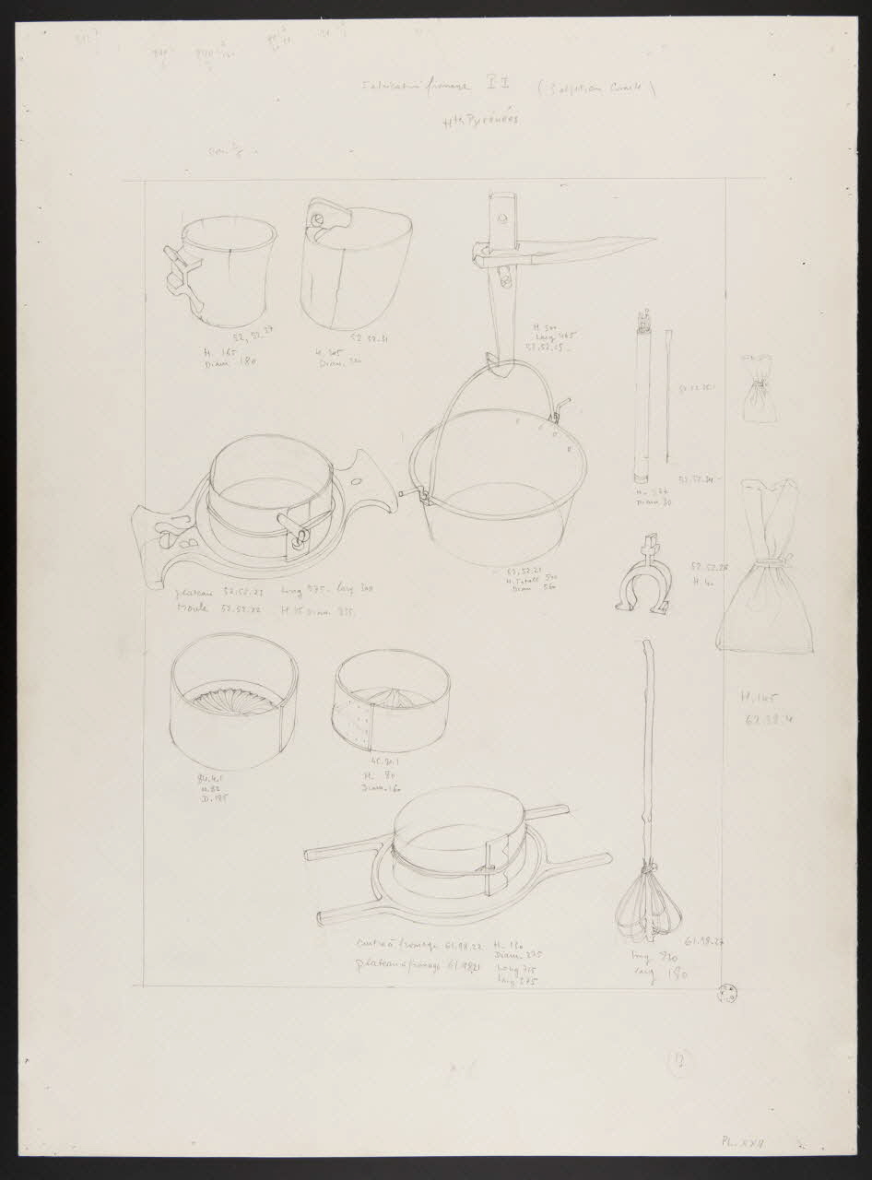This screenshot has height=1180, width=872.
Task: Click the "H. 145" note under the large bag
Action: coord(759,698)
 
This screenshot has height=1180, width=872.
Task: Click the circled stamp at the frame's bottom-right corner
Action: coord(729,993)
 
